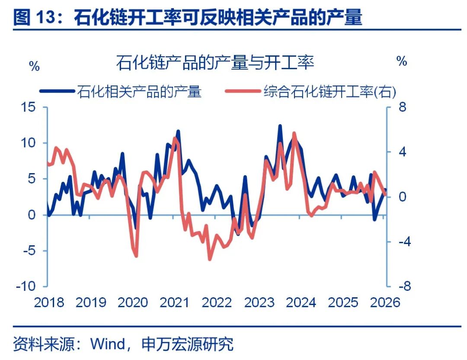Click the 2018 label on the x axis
point(49,302)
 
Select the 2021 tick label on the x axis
point(175,302)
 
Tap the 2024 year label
point(301,302)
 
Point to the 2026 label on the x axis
point(385,302)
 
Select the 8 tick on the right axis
point(402,107)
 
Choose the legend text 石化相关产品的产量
point(139,91)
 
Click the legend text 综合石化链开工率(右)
point(329,91)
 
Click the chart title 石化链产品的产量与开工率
point(215,64)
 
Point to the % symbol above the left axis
point(34,66)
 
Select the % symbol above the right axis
point(402,61)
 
